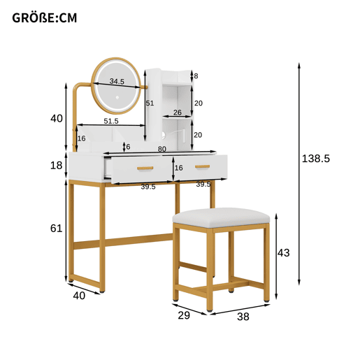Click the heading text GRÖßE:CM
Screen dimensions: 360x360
(44, 18)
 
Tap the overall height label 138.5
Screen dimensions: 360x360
(316, 159)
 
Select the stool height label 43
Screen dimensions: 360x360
(283, 253)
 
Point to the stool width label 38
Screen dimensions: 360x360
(243, 317)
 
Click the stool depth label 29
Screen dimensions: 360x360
(184, 315)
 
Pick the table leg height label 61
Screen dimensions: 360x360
(56, 229)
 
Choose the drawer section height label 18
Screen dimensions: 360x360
(56, 166)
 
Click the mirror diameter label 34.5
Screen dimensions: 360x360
(117, 81)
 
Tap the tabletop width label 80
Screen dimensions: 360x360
(162, 149)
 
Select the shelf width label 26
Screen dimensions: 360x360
(178, 113)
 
